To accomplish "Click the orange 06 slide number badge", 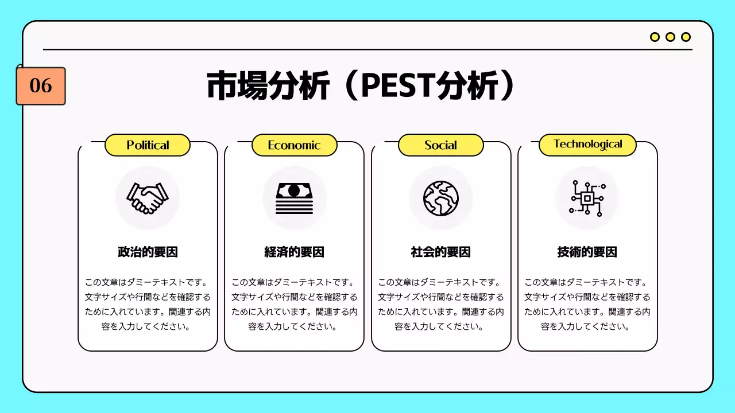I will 41,86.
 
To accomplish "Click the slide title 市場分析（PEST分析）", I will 360,86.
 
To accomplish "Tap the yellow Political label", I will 148,145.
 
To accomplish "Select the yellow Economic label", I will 294,145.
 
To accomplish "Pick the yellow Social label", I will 441,145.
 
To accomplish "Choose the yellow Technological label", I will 587,145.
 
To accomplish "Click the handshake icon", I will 148,198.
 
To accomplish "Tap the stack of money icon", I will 294,198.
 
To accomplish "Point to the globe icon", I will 441,198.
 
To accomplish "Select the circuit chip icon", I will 587,198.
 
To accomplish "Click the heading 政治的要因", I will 148,252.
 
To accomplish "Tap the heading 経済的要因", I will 294,252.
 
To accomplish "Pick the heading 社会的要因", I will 441,252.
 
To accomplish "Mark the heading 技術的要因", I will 587,252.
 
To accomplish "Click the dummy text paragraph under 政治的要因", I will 148,305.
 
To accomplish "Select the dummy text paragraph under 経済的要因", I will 294,305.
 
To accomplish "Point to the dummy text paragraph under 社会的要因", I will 441,305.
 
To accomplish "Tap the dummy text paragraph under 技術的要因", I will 587,305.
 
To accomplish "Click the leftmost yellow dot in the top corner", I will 655,37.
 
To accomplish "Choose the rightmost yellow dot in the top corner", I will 686,37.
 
